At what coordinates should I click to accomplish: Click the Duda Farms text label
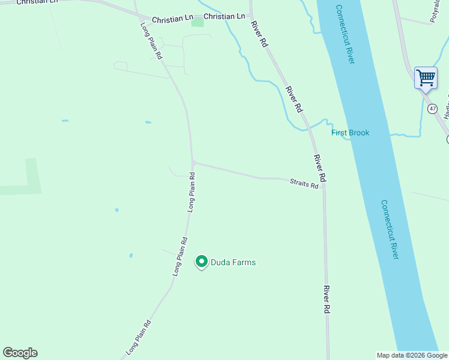click(x=233, y=262)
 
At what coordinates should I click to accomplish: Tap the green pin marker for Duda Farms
click(x=202, y=262)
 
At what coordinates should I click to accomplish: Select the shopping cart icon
click(x=426, y=77)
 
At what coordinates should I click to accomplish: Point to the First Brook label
click(x=351, y=133)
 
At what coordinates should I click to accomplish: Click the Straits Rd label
click(x=304, y=183)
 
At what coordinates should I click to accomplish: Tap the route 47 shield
click(x=432, y=109)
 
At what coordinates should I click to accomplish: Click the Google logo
click(x=20, y=353)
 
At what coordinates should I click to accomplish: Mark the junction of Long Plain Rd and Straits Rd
click(x=193, y=162)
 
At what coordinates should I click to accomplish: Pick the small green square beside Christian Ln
click(x=197, y=23)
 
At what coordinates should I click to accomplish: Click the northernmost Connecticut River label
click(x=345, y=34)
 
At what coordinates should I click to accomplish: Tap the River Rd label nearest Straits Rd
click(x=319, y=168)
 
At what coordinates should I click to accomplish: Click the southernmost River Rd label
click(x=327, y=299)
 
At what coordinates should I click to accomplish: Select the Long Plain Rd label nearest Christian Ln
click(x=151, y=40)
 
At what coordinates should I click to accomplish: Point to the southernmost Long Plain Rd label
click(x=138, y=336)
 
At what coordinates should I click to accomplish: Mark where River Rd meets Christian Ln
click(x=251, y=16)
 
